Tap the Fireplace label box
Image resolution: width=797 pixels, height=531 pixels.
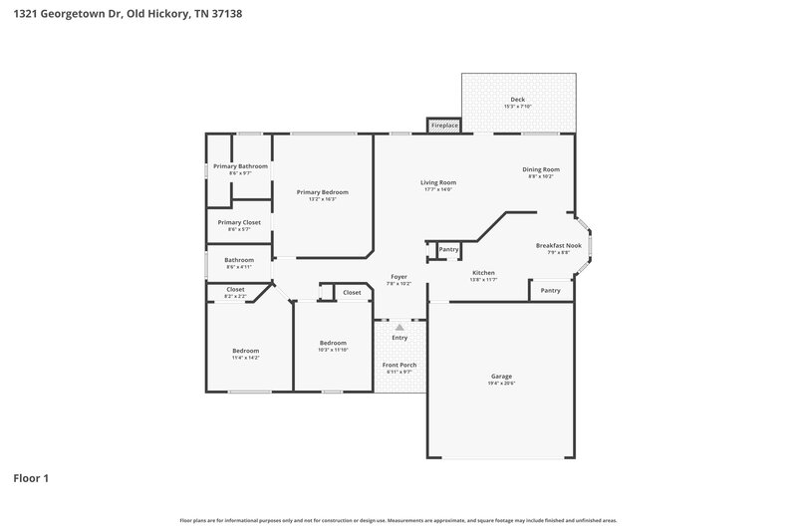(444, 126)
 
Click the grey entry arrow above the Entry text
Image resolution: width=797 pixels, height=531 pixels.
(399, 326)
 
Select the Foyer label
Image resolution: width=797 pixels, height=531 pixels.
(398, 279)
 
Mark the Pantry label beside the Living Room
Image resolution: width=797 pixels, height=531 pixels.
(448, 249)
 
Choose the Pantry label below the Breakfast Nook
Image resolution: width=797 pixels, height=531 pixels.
(550, 291)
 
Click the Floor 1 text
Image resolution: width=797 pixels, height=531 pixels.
(31, 478)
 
